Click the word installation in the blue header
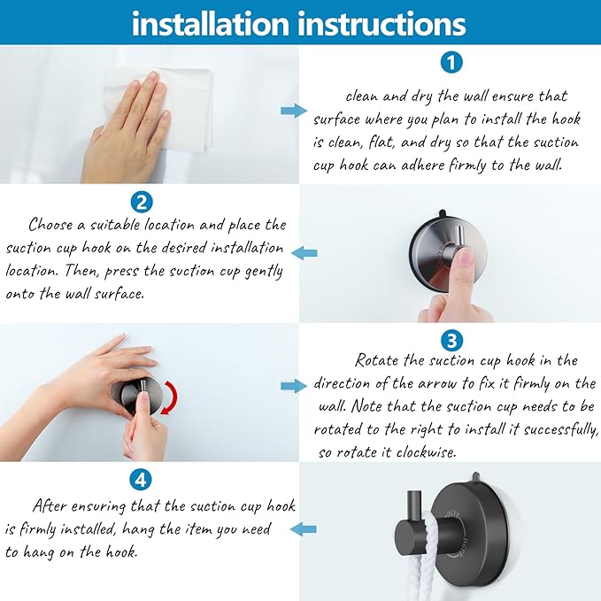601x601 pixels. (x=211, y=24)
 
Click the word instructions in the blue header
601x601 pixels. (x=381, y=24)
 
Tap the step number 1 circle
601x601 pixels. (x=451, y=63)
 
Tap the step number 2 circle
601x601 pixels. (x=142, y=203)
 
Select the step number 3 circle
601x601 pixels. (x=452, y=341)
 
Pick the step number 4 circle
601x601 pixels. (x=141, y=480)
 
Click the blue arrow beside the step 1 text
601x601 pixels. (x=294, y=112)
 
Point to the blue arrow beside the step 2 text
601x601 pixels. (x=304, y=253)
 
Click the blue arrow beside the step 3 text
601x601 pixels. (x=294, y=386)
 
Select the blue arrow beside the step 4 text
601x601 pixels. (x=304, y=529)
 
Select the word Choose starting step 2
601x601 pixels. (x=50, y=225)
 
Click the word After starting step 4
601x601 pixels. (x=49, y=505)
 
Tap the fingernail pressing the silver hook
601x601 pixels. (x=466, y=257)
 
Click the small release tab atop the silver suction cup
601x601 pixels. (x=442, y=212)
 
